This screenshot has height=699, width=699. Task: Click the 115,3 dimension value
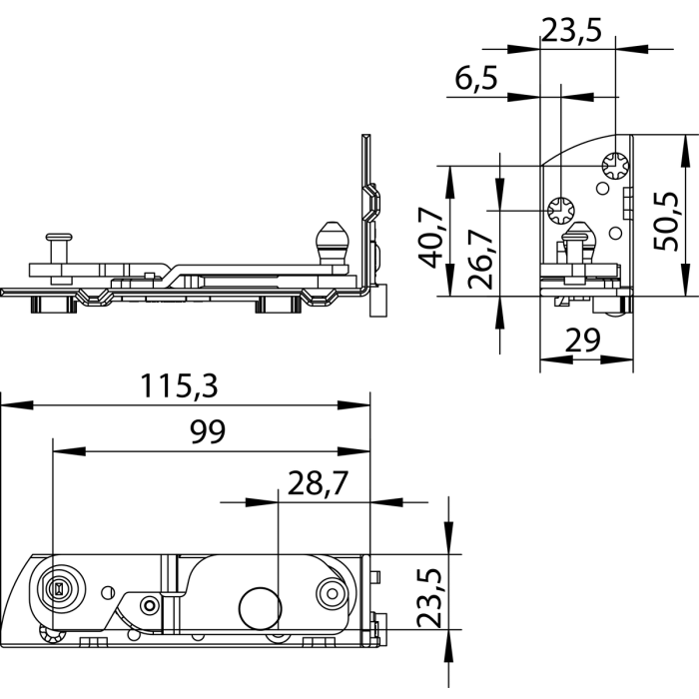pyautogui.click(x=179, y=386)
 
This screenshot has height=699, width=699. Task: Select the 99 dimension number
pyautogui.click(x=208, y=431)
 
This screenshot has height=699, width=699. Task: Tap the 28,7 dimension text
pyautogui.click(x=318, y=483)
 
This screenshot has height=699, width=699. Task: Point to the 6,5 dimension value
pyautogui.click(x=475, y=79)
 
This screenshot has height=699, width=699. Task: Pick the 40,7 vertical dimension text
pyautogui.click(x=431, y=237)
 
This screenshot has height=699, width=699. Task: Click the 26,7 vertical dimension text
pyautogui.click(x=480, y=259)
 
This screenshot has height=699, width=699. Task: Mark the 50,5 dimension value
pyautogui.click(x=665, y=221)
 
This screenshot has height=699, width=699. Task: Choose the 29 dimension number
pyautogui.click(x=582, y=341)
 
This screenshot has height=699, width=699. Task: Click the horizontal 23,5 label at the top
pyautogui.click(x=572, y=30)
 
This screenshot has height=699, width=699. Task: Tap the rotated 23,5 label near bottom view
pyautogui.click(x=428, y=597)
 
